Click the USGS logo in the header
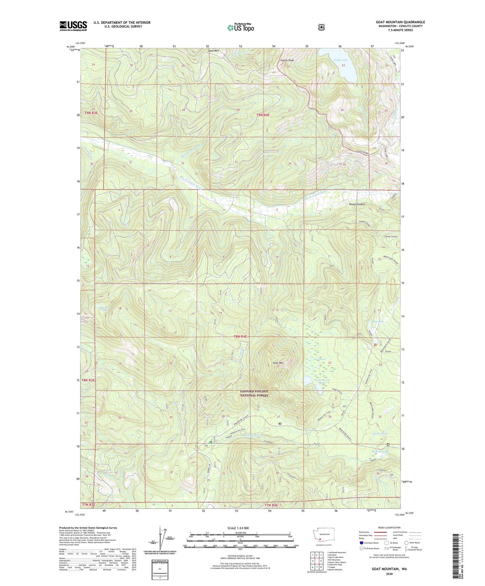[73, 26]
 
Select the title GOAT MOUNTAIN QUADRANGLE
[400, 22]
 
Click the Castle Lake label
[340, 60]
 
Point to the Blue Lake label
[378, 322]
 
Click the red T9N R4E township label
[263, 115]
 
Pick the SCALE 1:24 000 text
[238, 528]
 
